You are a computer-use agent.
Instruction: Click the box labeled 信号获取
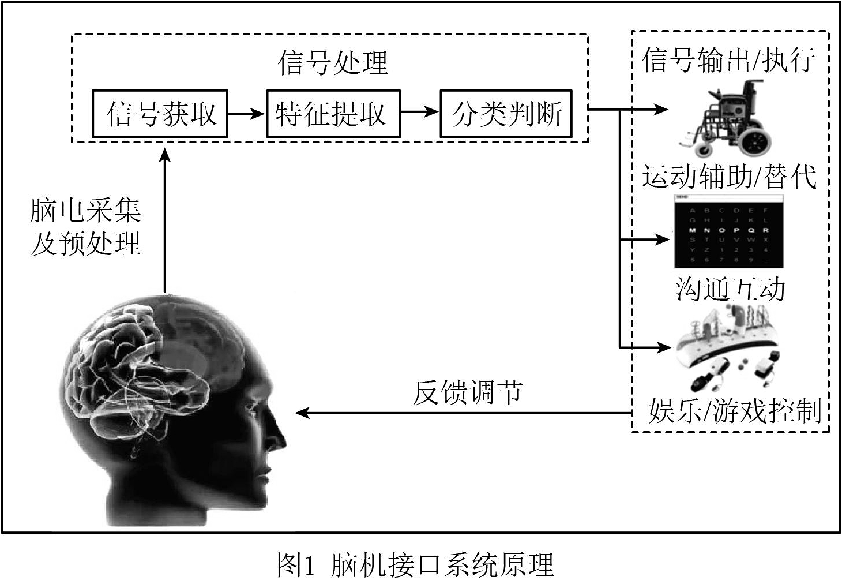click(160, 114)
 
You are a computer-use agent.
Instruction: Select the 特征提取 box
click(333, 114)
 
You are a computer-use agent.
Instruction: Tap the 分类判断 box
click(506, 114)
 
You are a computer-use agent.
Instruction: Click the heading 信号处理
click(333, 62)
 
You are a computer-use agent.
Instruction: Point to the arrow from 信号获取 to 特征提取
click(247, 114)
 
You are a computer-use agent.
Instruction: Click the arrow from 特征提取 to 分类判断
click(420, 112)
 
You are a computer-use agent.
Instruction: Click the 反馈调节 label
click(467, 392)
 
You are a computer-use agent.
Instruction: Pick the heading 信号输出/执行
click(729, 60)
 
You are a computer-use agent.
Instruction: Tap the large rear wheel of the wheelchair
click(755, 141)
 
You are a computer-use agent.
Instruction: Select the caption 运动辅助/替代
click(730, 176)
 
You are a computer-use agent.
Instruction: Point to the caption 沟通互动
click(730, 288)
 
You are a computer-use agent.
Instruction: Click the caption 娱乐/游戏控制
click(734, 411)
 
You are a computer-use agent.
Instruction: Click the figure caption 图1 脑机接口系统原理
click(416, 565)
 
